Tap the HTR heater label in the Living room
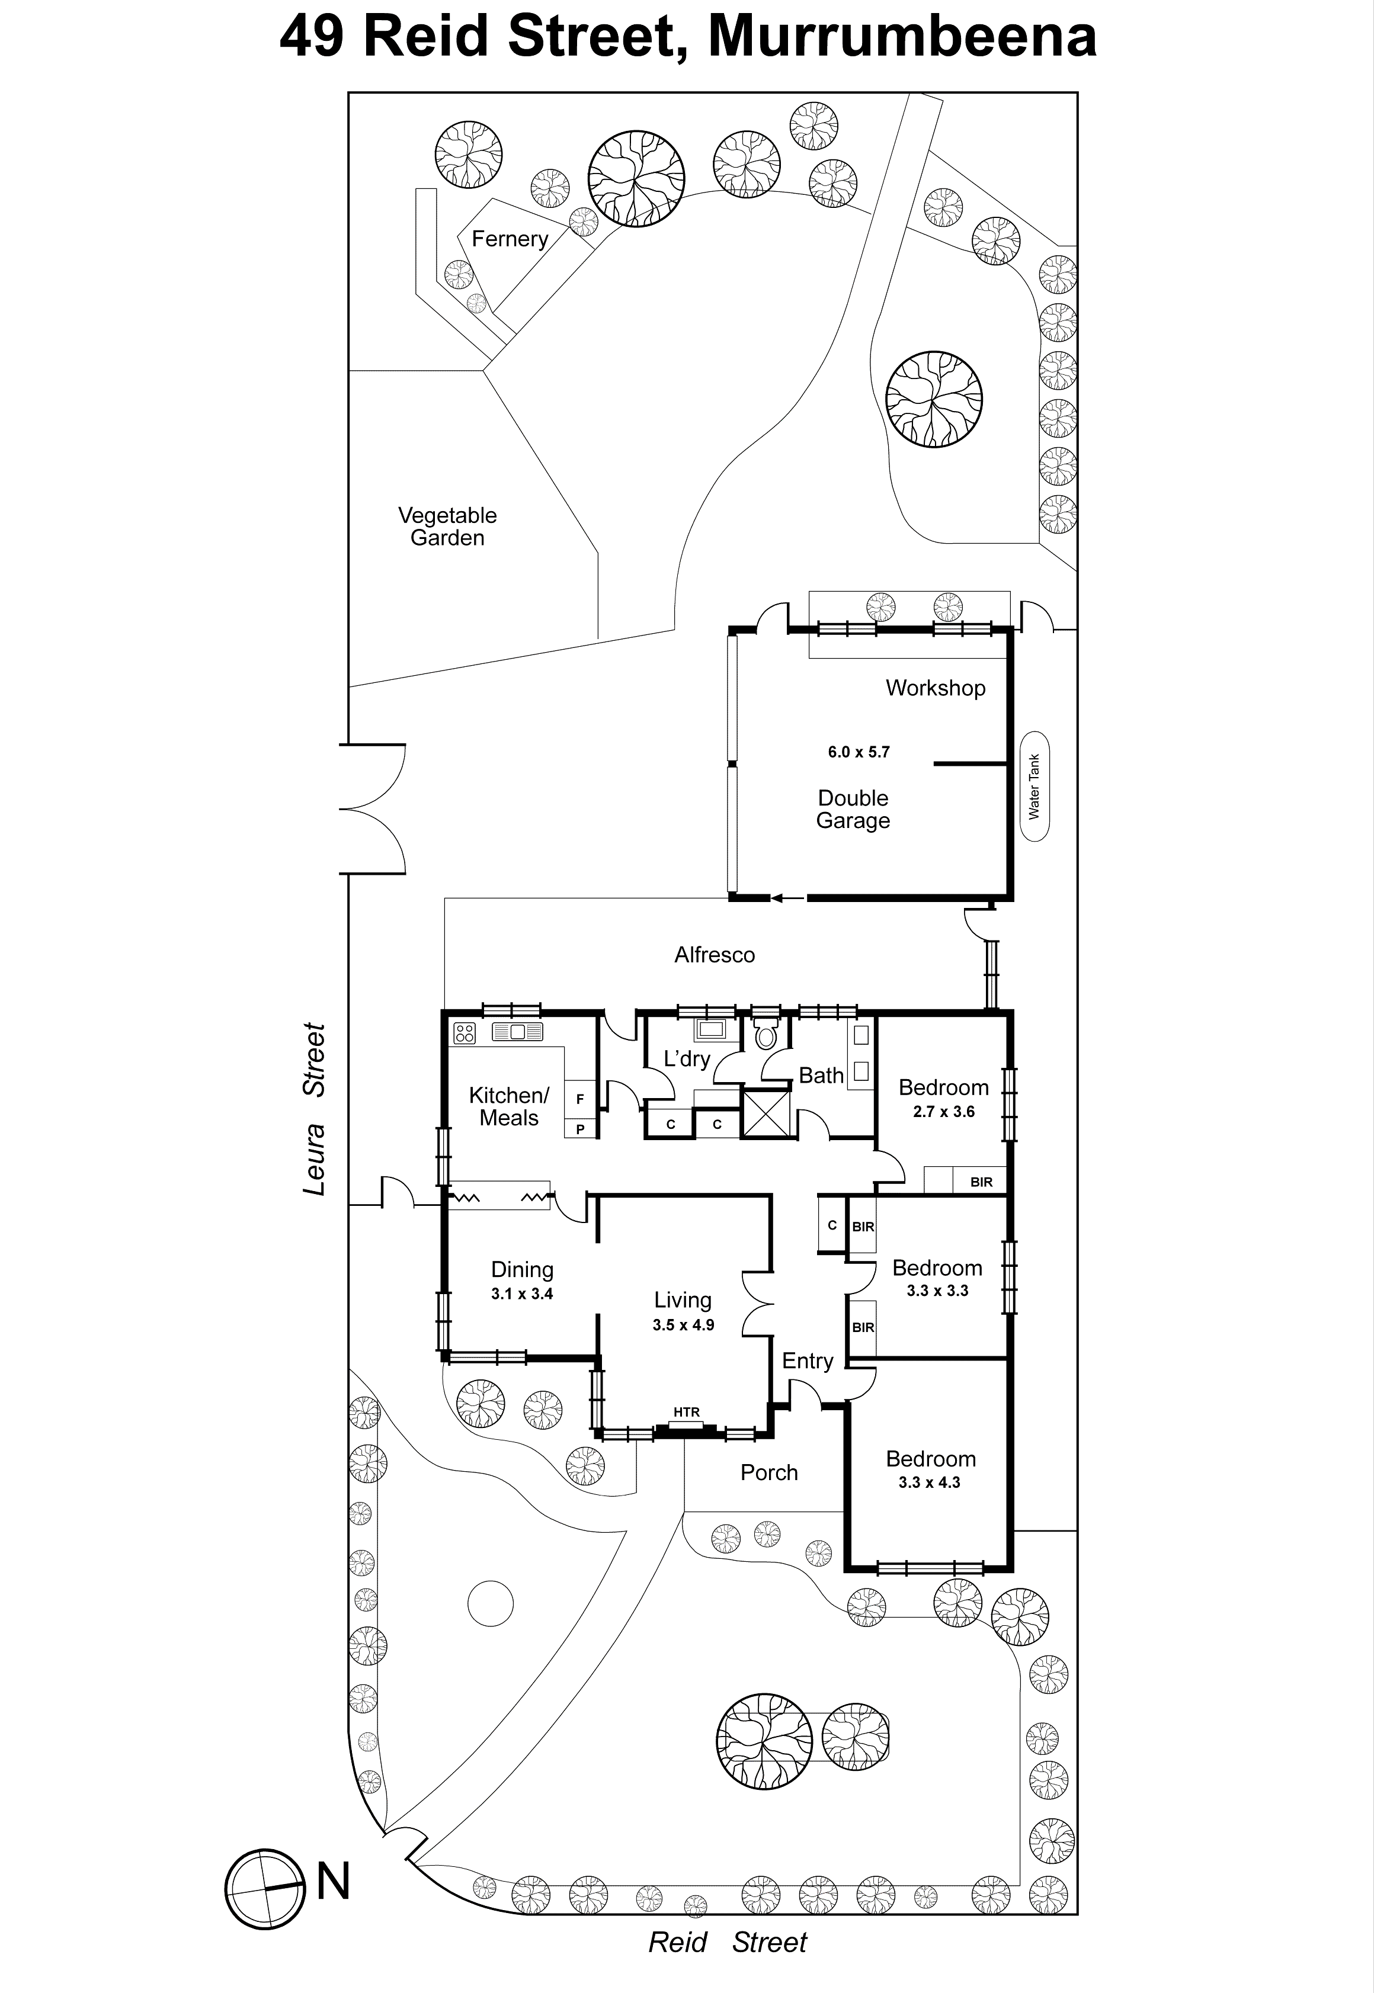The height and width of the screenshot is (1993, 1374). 686,1412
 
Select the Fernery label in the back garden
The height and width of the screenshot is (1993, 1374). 510,238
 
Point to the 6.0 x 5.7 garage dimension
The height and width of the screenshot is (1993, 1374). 859,751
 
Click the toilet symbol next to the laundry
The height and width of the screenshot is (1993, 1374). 764,1035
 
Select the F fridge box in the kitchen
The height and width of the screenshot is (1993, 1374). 580,1099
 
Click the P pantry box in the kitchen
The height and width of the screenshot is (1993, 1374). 580,1129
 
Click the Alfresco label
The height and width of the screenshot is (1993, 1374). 715,954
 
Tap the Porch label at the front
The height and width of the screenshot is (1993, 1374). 769,1472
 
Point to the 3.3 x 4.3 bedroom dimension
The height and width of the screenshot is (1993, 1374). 929,1482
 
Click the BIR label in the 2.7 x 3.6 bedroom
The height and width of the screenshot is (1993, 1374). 981,1182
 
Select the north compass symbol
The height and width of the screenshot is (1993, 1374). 266,1889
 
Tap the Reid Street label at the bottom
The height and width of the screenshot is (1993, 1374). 728,1942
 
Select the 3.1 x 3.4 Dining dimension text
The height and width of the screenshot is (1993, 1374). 522,1294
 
